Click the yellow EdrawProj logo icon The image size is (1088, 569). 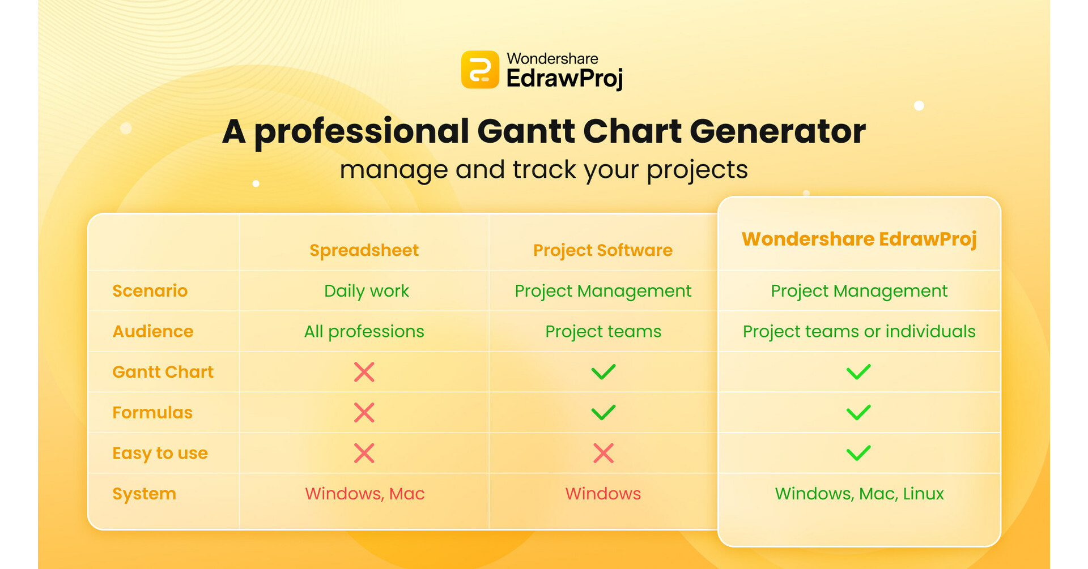click(x=480, y=70)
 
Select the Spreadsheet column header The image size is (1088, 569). click(x=364, y=250)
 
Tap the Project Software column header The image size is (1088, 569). click(x=602, y=250)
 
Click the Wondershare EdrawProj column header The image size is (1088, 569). click(x=858, y=239)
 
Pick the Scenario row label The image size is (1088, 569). click(x=150, y=291)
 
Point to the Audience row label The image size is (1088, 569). click(x=152, y=331)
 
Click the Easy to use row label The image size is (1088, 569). click(x=160, y=453)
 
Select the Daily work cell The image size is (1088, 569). click(x=366, y=291)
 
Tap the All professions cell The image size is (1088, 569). click(x=364, y=331)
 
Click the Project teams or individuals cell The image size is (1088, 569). click(x=858, y=331)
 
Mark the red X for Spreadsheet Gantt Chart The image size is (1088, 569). click(x=364, y=372)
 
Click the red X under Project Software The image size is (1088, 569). click(x=603, y=453)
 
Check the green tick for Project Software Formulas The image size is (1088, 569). click(x=603, y=412)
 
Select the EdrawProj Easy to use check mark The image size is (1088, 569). click(x=858, y=453)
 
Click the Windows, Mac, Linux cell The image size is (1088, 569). click(x=858, y=494)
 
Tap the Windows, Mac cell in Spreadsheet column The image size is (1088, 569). click(x=364, y=494)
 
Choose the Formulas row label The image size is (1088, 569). click(x=152, y=413)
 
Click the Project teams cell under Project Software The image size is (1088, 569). click(x=603, y=331)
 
